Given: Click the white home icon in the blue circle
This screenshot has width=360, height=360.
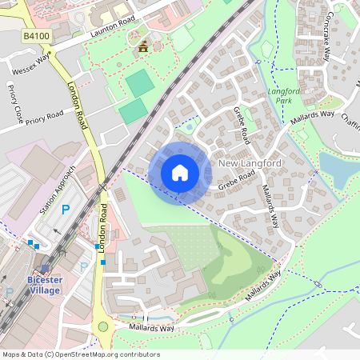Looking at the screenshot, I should coord(180,172).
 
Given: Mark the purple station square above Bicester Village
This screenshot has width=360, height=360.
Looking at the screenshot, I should coord(44,269).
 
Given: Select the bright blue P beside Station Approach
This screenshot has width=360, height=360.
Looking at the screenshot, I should coord(66,210).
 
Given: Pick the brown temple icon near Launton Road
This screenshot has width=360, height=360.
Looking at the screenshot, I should coord(143,49).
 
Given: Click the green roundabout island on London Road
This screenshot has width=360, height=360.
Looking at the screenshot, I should coord(102,326).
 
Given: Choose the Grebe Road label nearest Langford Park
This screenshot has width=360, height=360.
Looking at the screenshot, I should coord(240,119).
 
